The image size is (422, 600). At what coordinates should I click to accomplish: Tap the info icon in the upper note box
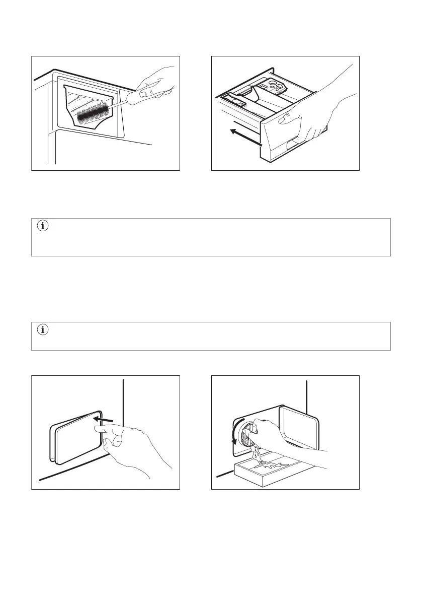click(43, 227)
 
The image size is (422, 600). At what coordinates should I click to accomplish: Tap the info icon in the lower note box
click(43, 330)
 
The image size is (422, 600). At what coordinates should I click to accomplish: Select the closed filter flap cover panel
click(75, 435)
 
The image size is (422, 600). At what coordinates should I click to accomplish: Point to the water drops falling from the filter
click(259, 455)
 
